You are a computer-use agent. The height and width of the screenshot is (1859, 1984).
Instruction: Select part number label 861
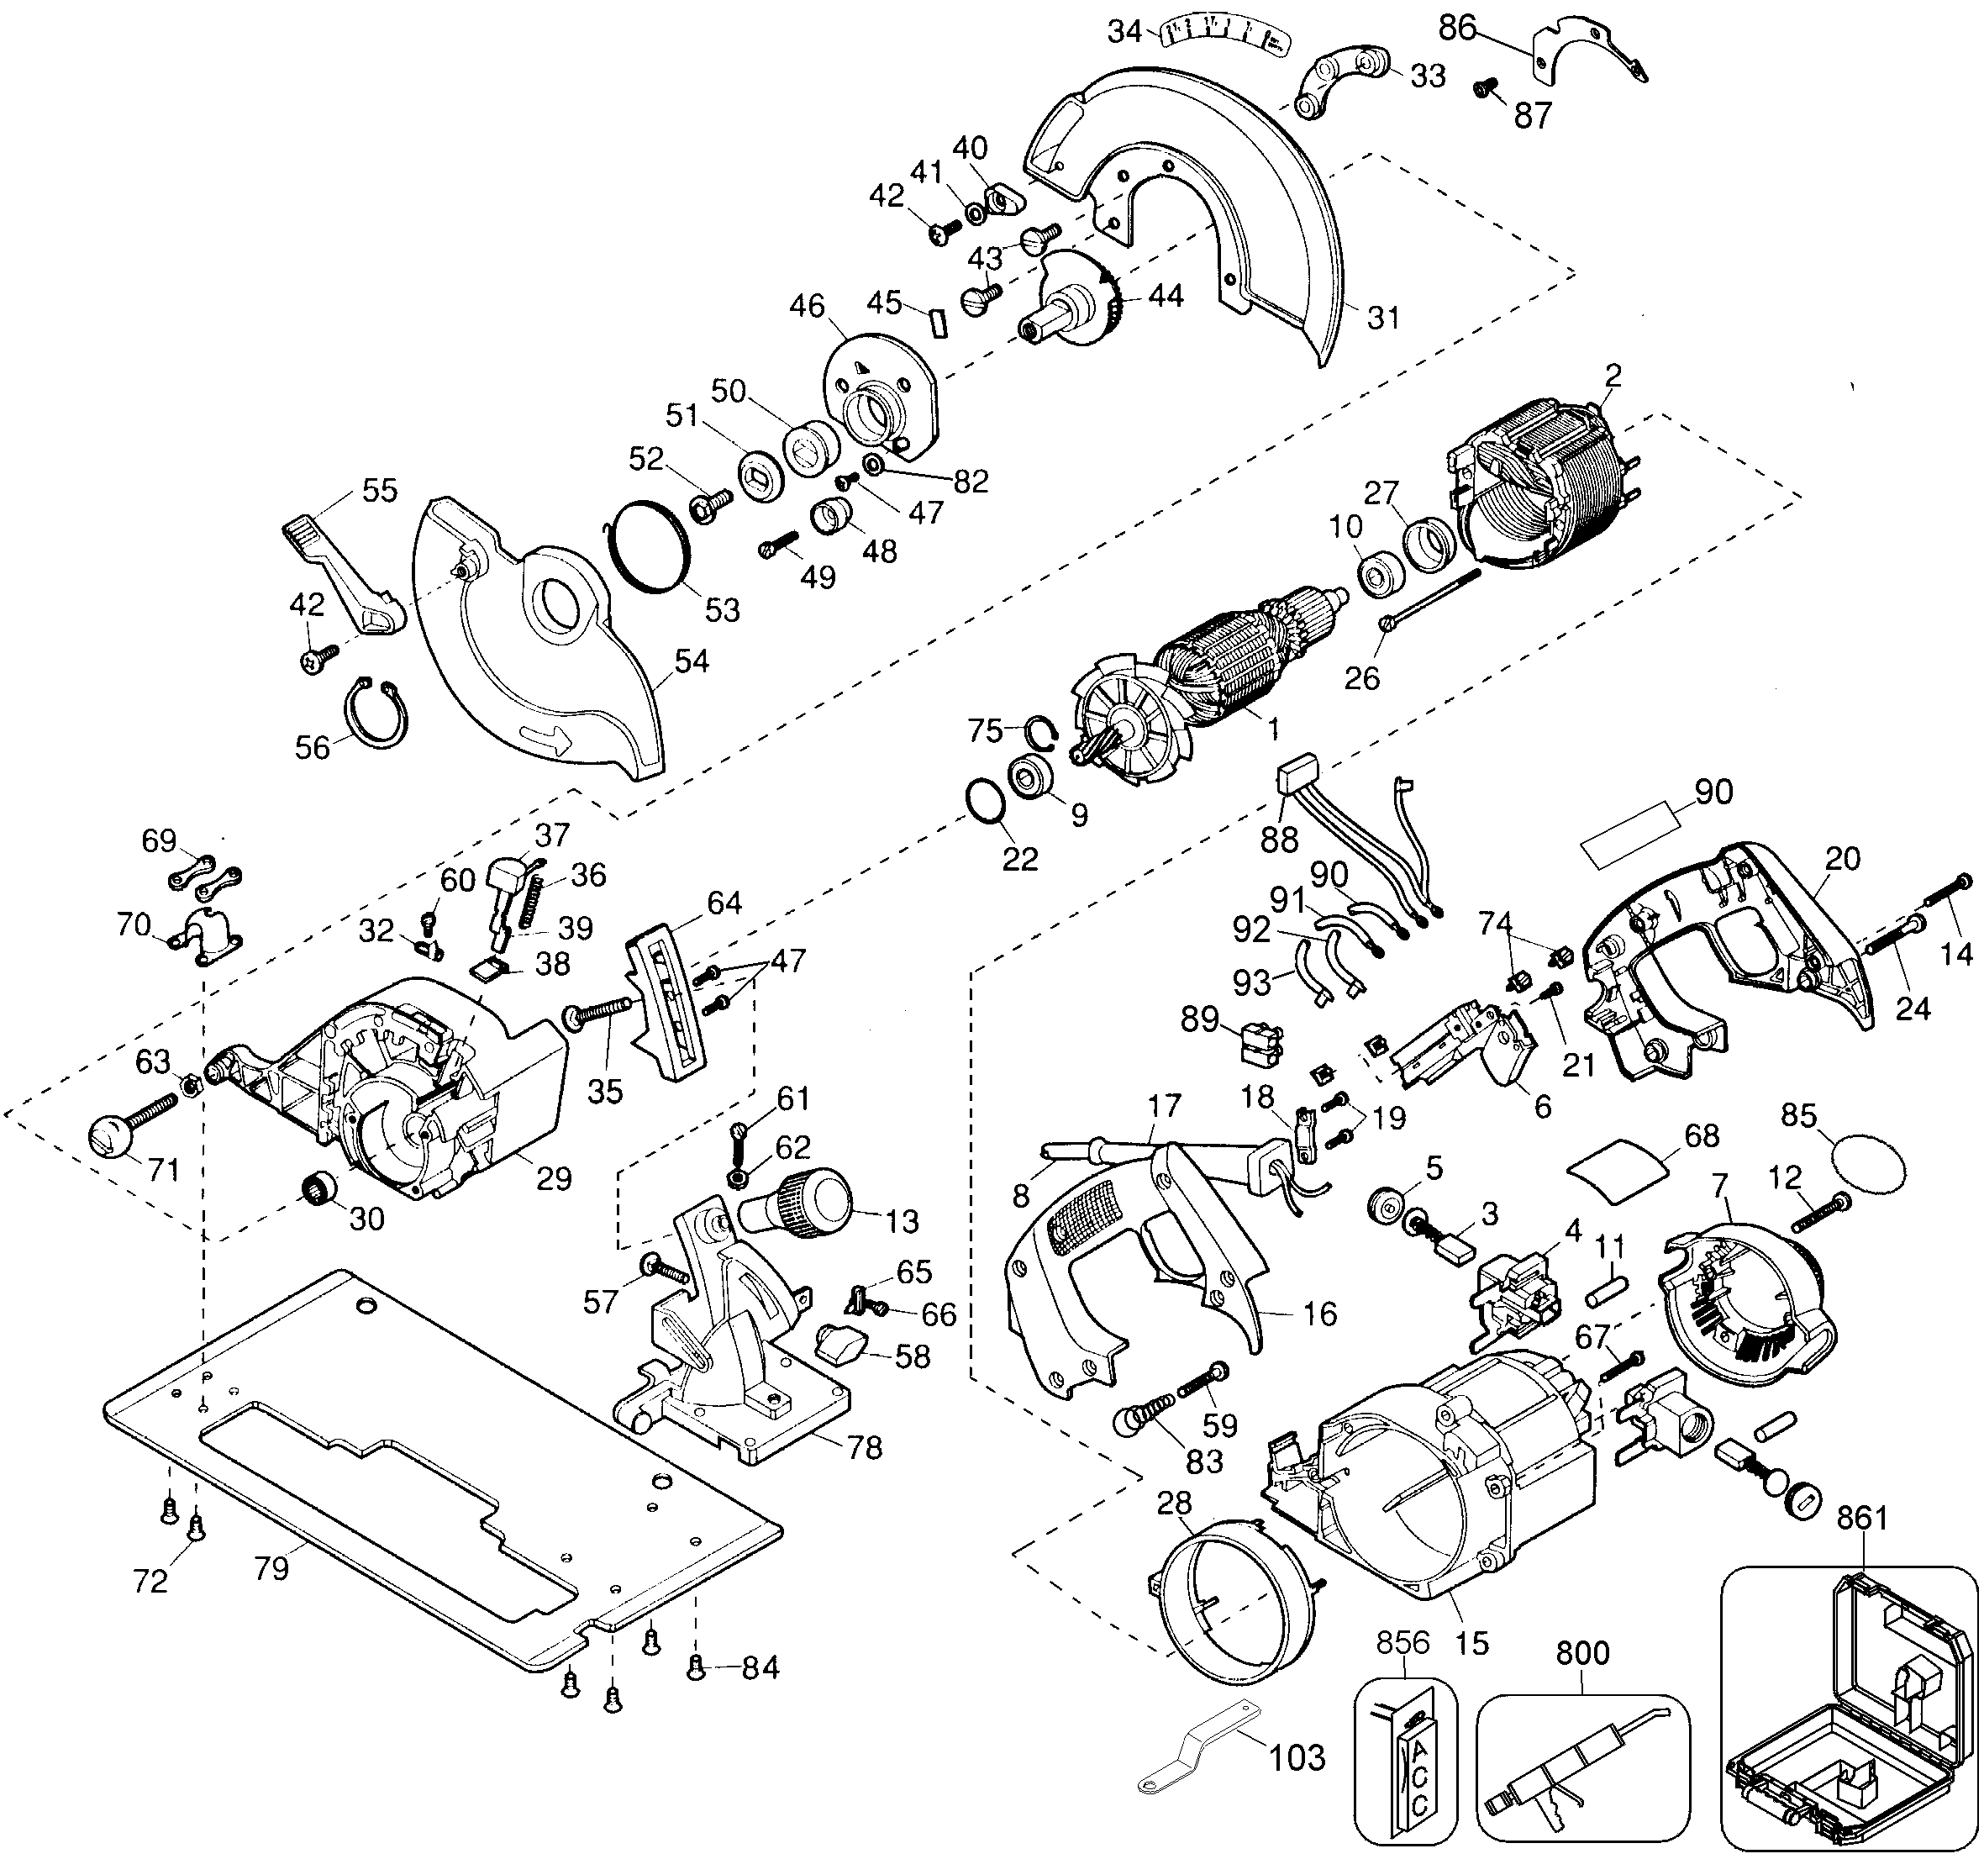tap(1862, 1518)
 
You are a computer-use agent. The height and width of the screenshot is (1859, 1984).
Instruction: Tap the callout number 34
tap(1124, 32)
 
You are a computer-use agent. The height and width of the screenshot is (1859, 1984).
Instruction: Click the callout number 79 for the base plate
tap(271, 1567)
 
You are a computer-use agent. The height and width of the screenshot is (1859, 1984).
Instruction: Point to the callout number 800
tap(1583, 1652)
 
